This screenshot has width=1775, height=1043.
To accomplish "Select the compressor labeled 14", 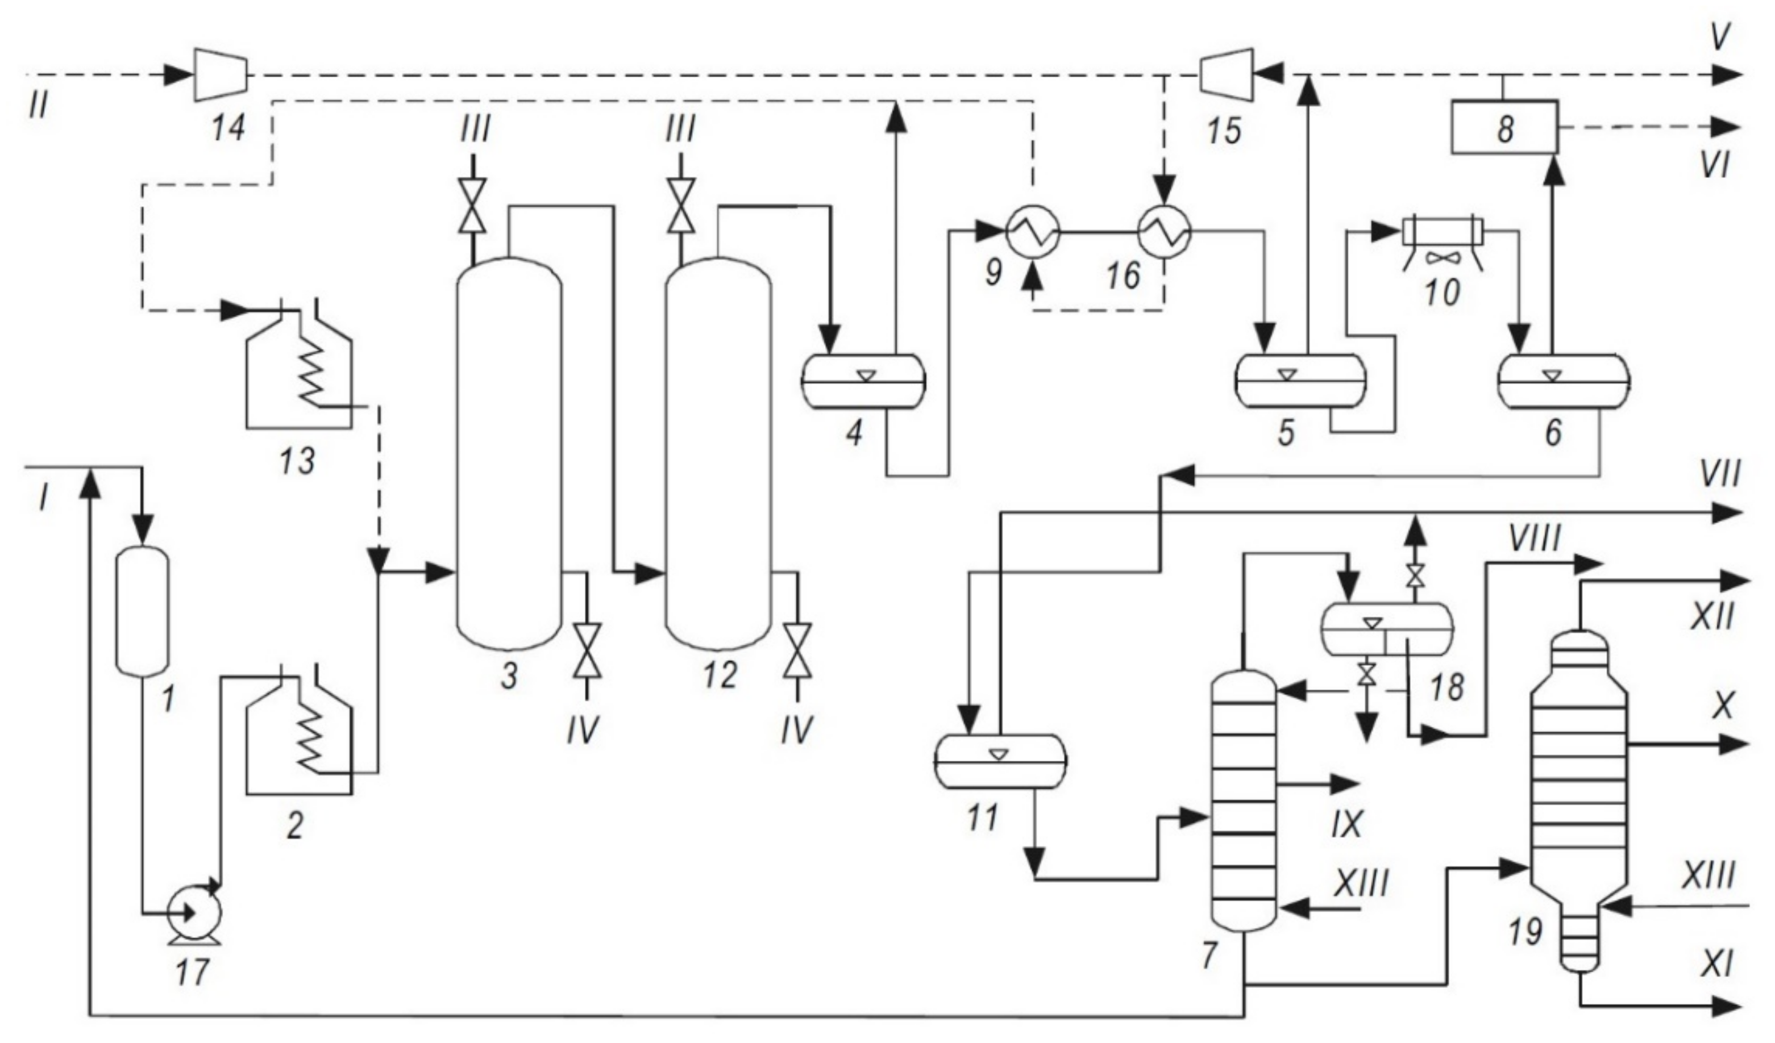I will coord(221,73).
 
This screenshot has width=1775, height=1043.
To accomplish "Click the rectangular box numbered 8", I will coord(1504,127).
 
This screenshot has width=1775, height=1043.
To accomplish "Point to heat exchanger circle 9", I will coord(1033,232).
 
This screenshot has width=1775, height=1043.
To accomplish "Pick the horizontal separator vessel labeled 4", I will coord(863,381).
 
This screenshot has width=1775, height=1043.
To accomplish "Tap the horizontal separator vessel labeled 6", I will coord(1564,381).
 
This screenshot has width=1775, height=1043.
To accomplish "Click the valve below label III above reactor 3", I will coord(473,206).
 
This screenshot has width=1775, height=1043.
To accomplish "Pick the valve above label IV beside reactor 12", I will coord(797,650).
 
